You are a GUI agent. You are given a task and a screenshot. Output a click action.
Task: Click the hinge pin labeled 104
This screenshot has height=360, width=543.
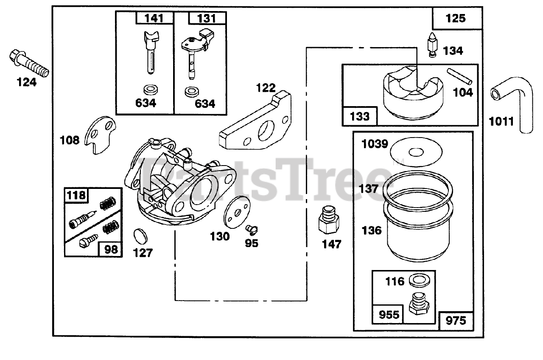tap(459, 75)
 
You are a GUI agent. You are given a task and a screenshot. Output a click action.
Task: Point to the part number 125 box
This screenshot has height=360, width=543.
tap(456, 19)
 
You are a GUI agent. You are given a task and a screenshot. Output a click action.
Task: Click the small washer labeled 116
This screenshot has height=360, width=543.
tap(418, 281)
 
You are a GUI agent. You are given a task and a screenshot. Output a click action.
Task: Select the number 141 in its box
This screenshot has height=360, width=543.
tap(154, 18)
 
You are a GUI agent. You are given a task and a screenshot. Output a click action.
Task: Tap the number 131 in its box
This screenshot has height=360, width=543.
tap(207, 18)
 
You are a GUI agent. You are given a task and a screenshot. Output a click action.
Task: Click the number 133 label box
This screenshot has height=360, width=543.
tap(360, 116)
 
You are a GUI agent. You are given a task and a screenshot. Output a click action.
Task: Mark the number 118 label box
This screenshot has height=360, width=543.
tap(76, 196)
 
